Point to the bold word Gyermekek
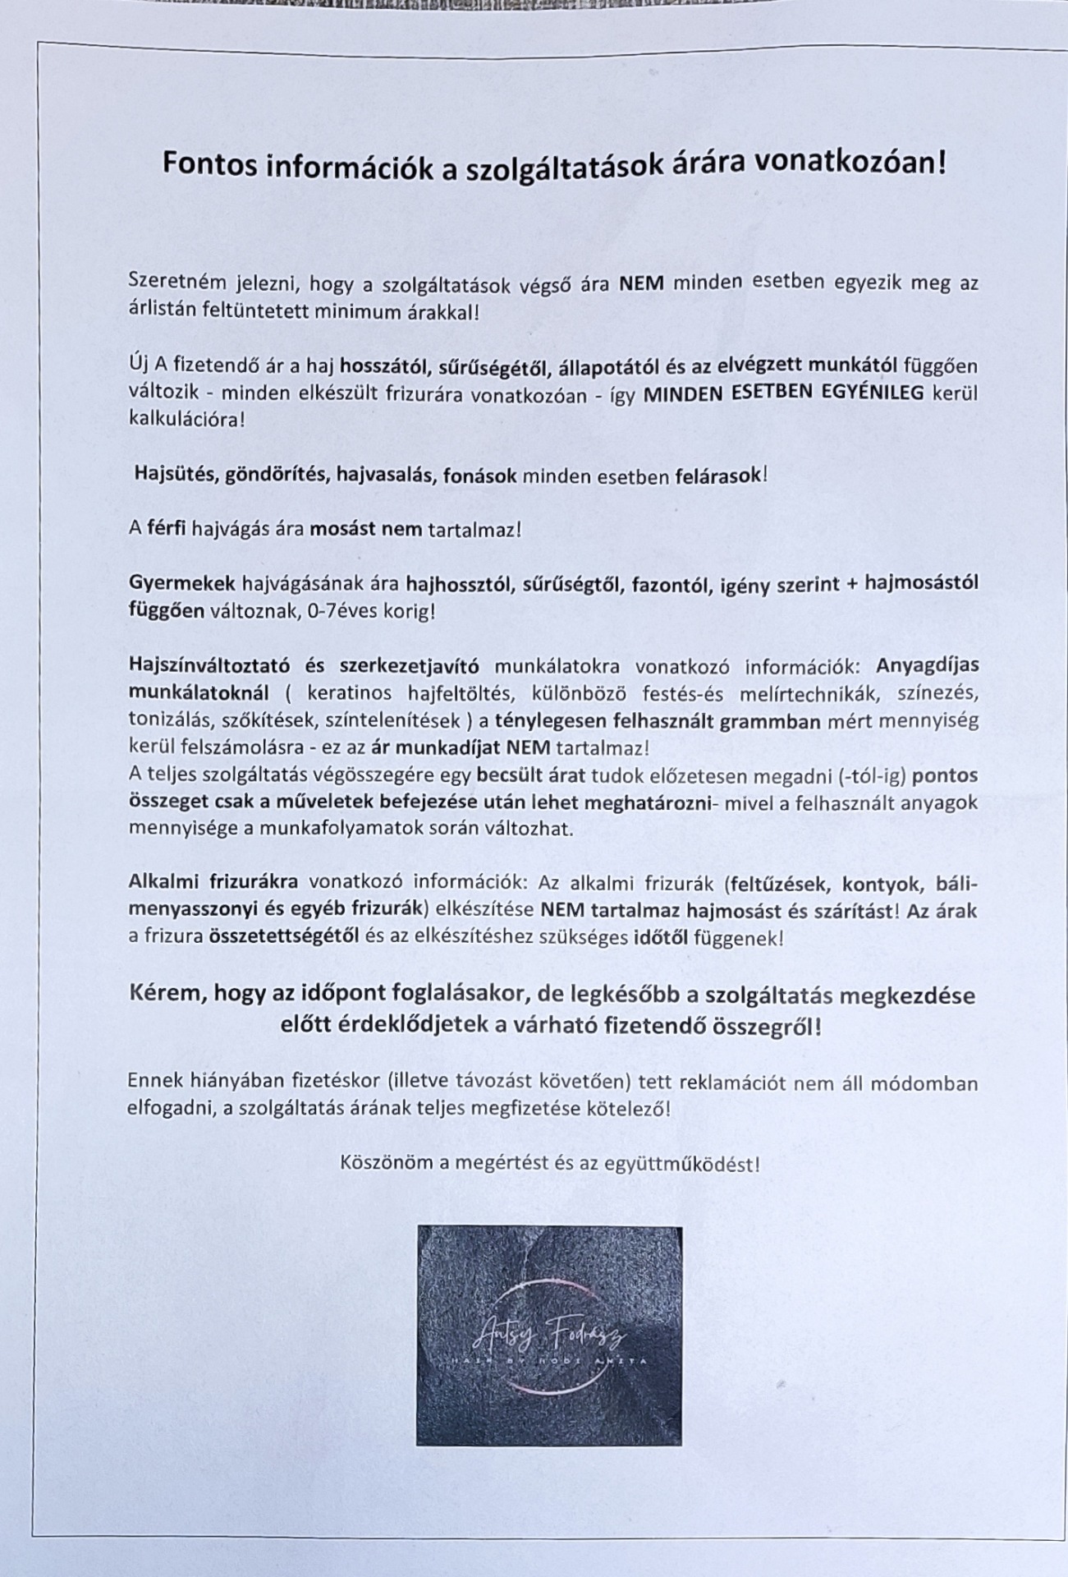[x=181, y=583]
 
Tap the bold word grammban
[x=777, y=722]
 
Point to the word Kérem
[x=167, y=995]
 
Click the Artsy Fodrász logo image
[x=548, y=1335]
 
